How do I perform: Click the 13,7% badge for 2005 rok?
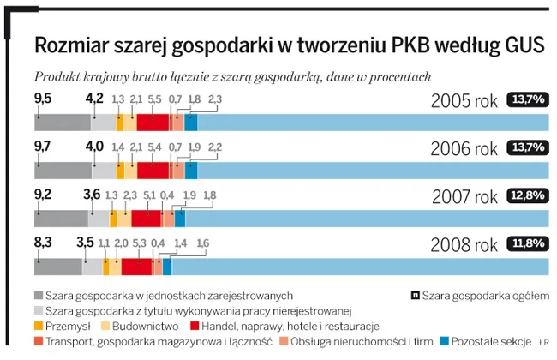coord(527,99)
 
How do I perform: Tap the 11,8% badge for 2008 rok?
coord(527,244)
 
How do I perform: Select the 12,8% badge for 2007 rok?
coord(527,196)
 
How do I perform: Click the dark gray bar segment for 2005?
coord(62,122)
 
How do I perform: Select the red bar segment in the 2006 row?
coord(153,170)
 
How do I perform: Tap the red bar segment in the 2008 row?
coord(137,267)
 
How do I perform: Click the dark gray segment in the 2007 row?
coord(60,219)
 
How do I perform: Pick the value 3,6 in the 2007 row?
coord(92,195)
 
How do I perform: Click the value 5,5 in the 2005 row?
coord(155,100)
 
